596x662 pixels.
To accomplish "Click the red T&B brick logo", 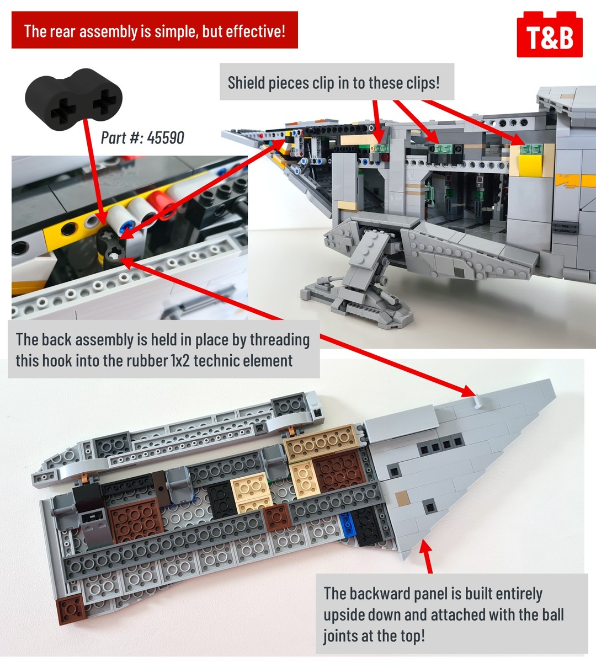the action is pyautogui.click(x=550, y=34).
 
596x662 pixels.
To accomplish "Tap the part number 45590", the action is pyautogui.click(x=166, y=137).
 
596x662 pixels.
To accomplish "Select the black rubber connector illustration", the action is pyautogui.click(x=73, y=99).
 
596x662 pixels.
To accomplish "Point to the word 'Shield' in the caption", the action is pyautogui.click(x=246, y=83).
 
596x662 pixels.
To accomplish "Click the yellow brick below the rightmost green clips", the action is pyautogui.click(x=530, y=165).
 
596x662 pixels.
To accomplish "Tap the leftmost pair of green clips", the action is pyautogui.click(x=382, y=148).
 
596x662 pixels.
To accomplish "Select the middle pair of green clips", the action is pyautogui.click(x=441, y=148).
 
